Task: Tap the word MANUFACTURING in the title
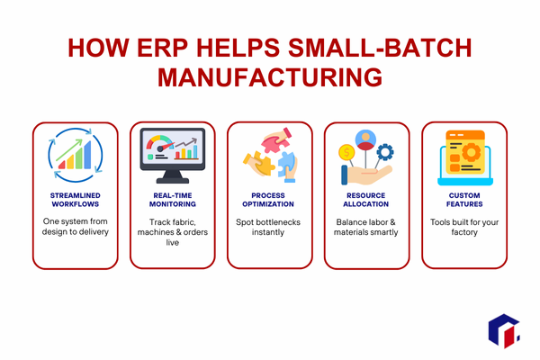point(270,76)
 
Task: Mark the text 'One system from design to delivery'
point(76,228)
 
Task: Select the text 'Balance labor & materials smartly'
point(366,228)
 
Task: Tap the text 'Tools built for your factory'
point(463,228)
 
